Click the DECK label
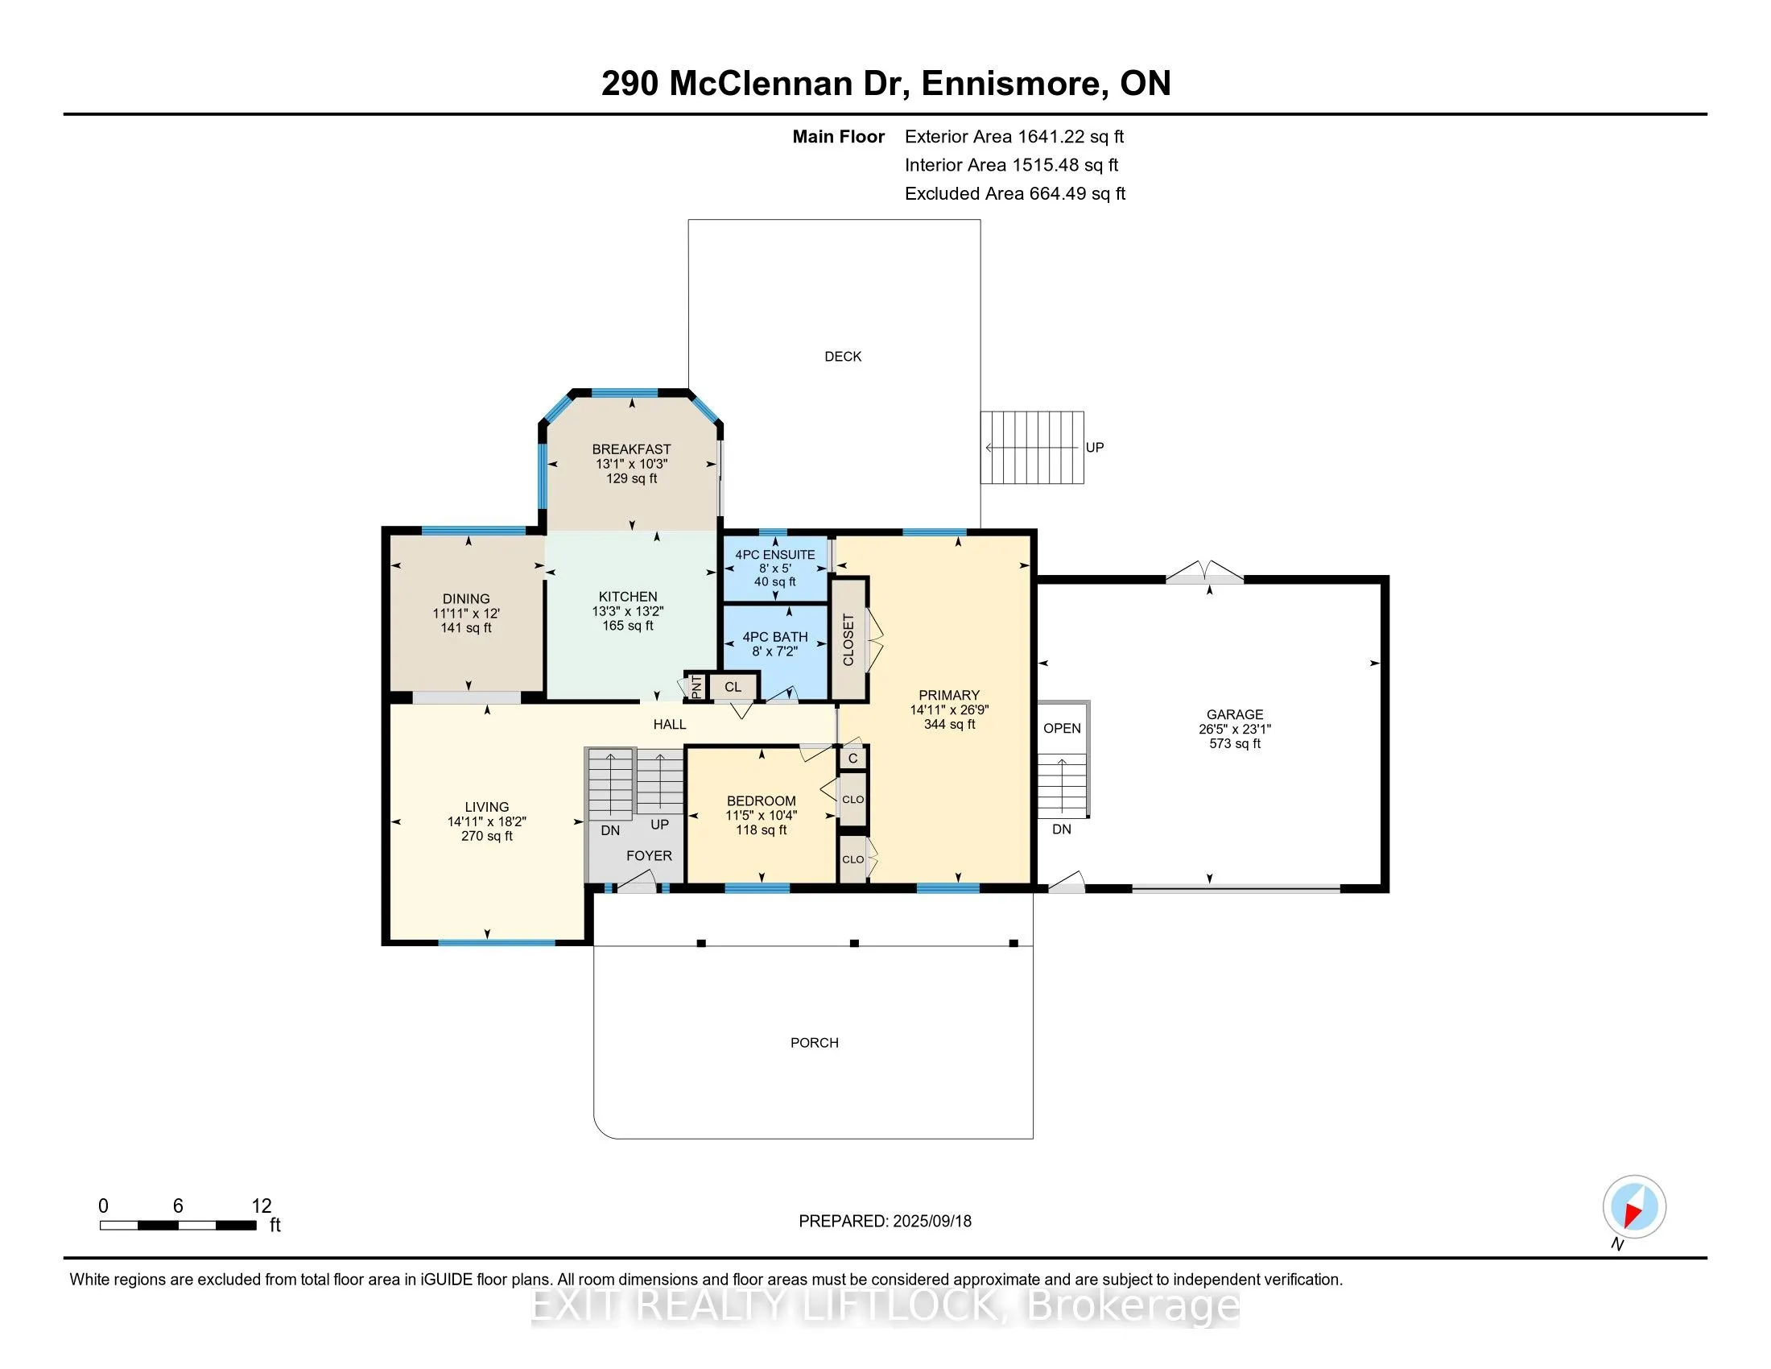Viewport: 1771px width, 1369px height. click(x=843, y=356)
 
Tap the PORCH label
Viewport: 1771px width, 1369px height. click(x=814, y=1042)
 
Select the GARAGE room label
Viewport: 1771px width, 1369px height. click(x=1234, y=714)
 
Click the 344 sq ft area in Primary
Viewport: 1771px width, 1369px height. click(x=949, y=724)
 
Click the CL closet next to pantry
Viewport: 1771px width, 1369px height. click(x=733, y=687)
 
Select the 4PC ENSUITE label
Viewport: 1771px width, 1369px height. click(x=774, y=555)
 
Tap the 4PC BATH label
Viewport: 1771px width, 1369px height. click(x=774, y=637)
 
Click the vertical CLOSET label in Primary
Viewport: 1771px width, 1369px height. click(x=848, y=640)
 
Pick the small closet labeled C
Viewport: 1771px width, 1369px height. click(x=853, y=759)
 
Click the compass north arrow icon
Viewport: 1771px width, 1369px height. click(x=1634, y=1207)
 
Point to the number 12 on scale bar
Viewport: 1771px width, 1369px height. click(x=261, y=1206)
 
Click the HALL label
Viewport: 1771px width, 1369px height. click(x=670, y=724)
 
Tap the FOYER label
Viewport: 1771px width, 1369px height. click(x=649, y=855)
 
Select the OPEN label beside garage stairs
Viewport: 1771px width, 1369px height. click(x=1062, y=728)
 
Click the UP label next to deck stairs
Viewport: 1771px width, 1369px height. click(x=1094, y=448)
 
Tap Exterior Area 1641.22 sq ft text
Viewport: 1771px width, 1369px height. click(x=1013, y=136)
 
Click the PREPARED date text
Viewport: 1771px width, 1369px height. click(x=885, y=1222)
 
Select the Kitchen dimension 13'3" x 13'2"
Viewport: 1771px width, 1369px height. click(x=628, y=611)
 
